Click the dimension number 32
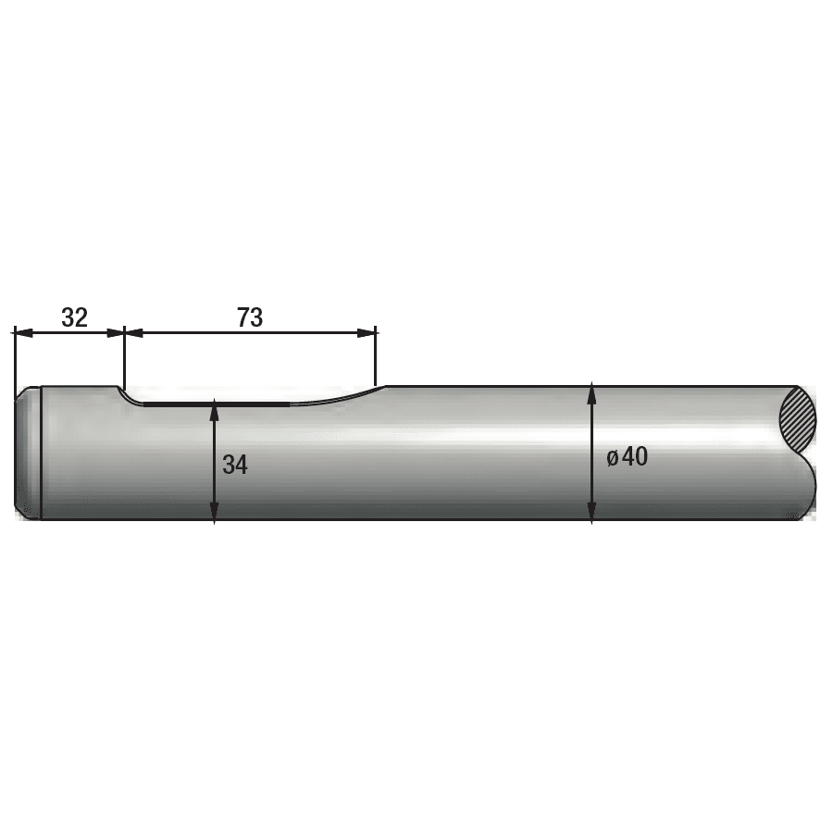click(x=74, y=317)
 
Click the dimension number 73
click(x=250, y=317)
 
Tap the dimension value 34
click(x=235, y=465)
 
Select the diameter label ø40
click(x=628, y=457)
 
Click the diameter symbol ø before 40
click(x=613, y=458)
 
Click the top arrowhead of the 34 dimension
click(x=214, y=410)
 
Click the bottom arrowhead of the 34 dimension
click(x=214, y=512)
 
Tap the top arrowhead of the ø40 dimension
click(x=591, y=393)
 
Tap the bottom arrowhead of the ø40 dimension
click(x=591, y=512)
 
